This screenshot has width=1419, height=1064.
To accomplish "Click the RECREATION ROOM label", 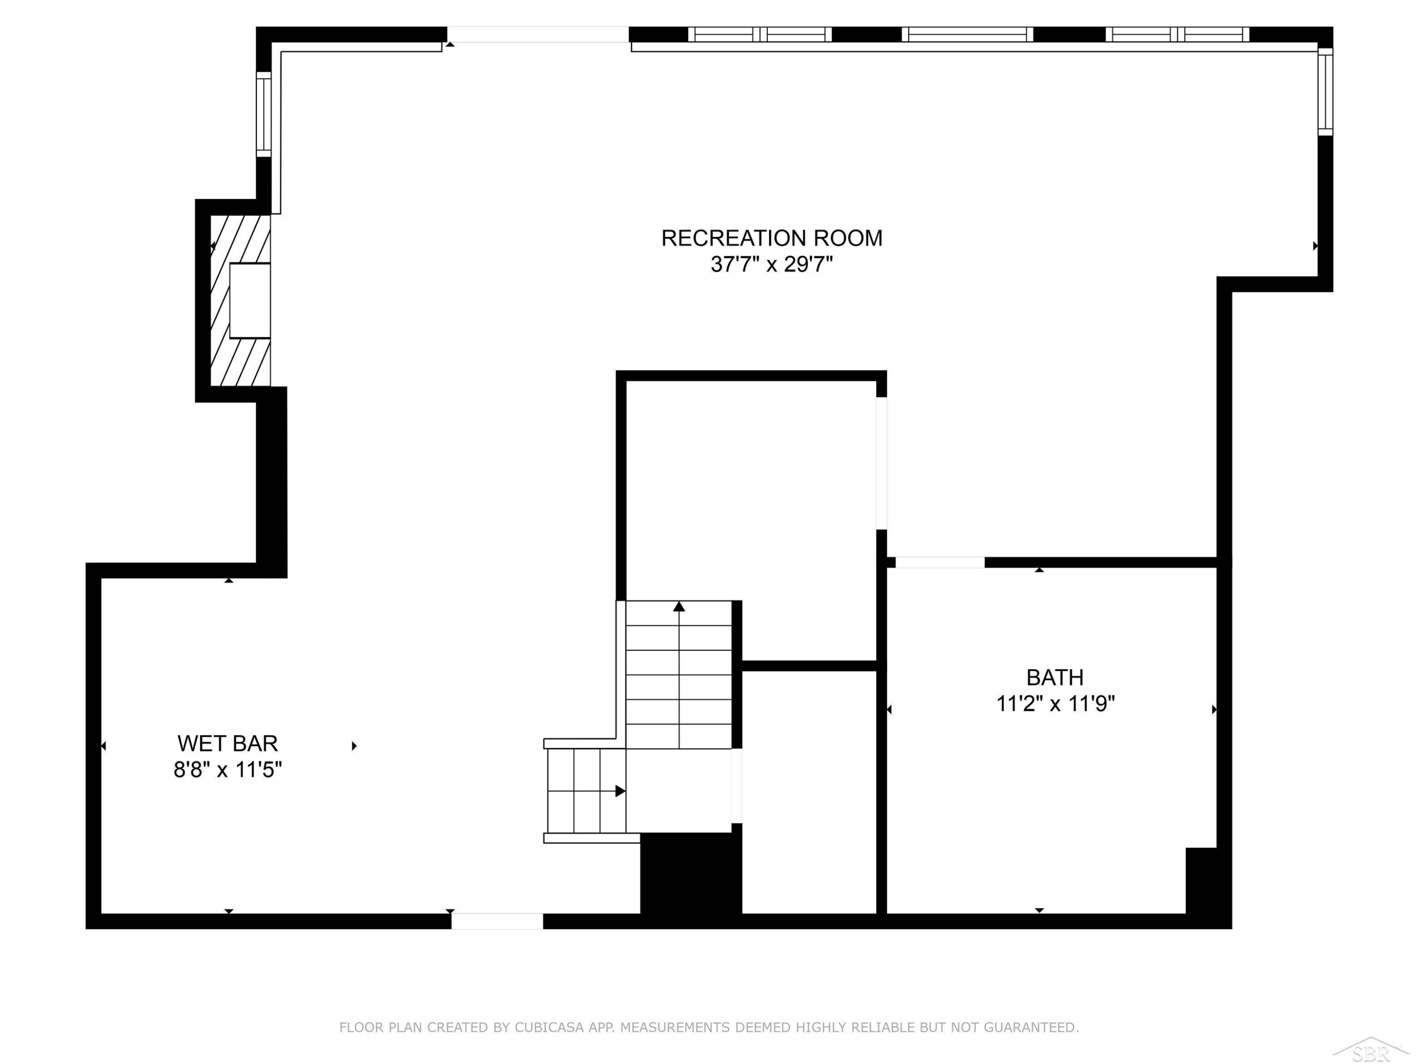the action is point(772,238).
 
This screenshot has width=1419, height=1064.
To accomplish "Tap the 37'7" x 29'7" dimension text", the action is point(772,264).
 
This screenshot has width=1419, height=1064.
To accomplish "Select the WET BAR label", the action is point(228,743).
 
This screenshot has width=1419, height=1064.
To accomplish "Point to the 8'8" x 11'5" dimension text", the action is point(228,769).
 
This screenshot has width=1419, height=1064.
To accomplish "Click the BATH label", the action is point(1055,677).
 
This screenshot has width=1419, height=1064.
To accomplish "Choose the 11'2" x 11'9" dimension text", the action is point(1055,704).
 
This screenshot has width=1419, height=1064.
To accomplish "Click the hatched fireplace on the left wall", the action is point(241,300).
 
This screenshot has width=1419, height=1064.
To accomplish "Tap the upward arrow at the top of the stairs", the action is point(679,606).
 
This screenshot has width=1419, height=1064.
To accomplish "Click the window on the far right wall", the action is point(1325,92).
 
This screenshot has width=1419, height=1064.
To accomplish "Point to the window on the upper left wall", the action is point(263,113).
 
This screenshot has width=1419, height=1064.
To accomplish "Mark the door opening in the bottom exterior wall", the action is point(497,921).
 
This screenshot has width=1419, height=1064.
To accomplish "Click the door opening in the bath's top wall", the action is point(940,562).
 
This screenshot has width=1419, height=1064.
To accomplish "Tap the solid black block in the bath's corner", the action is point(1201,880).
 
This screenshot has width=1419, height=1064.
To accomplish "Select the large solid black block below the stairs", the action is point(691,873).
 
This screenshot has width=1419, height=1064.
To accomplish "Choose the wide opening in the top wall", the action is point(538,35).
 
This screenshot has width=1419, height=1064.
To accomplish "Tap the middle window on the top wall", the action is point(967,35).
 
